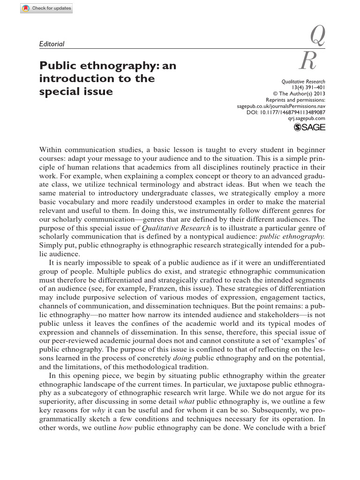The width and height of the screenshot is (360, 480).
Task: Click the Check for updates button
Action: [46, 9]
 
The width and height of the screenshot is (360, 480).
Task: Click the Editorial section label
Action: [52, 44]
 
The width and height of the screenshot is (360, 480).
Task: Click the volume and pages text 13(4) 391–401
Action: [308, 87]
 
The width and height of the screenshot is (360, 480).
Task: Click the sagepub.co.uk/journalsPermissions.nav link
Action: [281, 106]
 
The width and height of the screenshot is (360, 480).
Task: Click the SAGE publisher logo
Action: [309, 128]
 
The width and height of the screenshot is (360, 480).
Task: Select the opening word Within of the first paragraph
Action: [51, 150]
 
